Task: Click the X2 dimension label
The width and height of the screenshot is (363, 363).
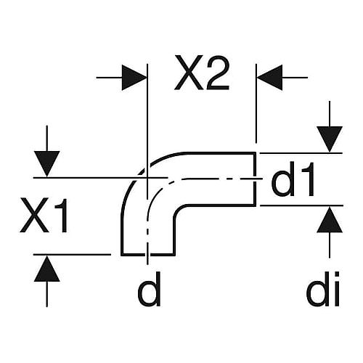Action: click(202, 73)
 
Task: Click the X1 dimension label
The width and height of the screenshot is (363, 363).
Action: click(44, 216)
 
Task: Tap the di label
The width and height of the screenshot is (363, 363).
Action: click(323, 289)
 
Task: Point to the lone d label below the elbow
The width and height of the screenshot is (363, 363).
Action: click(150, 289)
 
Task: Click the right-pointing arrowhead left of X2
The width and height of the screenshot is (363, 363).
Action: click(134, 78)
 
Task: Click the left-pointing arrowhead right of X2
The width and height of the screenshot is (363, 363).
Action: click(269, 78)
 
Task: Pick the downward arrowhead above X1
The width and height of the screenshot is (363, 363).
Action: click(47, 164)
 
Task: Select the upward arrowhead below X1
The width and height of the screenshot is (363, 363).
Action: click(47, 269)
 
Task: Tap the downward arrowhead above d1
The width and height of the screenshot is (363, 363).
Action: click(330, 139)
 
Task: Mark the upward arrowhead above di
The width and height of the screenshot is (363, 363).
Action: click(330, 220)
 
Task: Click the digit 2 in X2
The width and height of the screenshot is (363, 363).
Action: click(217, 73)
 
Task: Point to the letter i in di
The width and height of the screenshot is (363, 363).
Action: click(336, 289)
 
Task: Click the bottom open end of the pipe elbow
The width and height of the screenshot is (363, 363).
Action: click(148, 255)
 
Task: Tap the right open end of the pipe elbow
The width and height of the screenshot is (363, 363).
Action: click(255, 179)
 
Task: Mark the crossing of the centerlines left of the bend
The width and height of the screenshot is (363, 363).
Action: click(147, 178)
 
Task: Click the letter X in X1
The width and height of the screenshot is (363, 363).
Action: click(33, 216)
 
